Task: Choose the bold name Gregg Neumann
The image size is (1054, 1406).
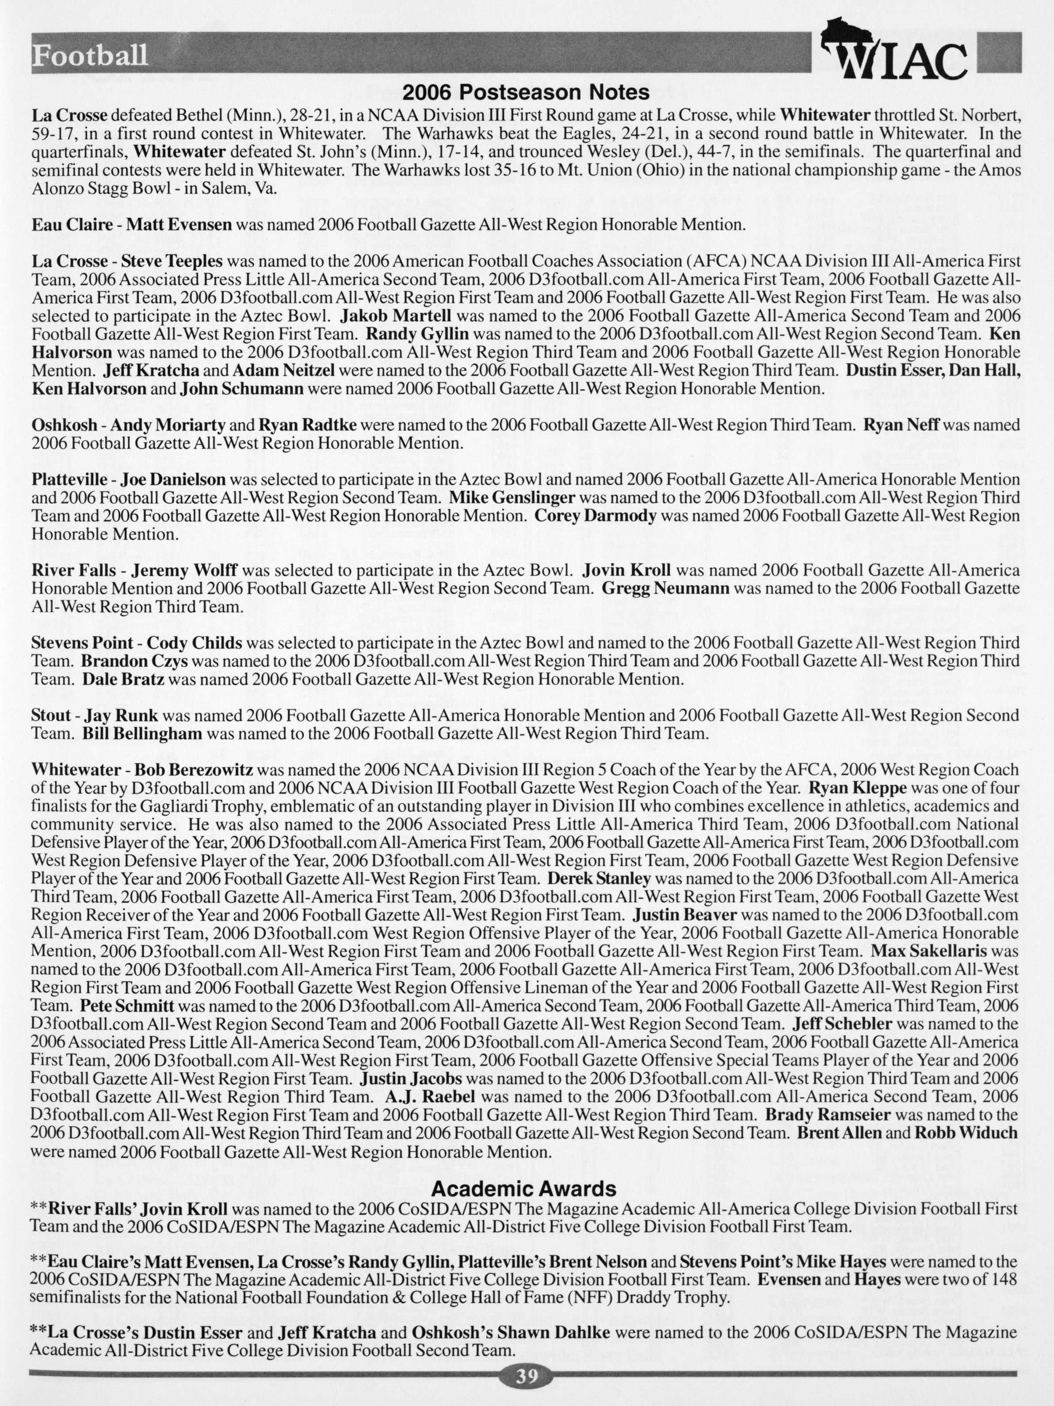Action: click(665, 588)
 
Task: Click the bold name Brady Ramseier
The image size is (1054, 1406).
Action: click(827, 1114)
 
